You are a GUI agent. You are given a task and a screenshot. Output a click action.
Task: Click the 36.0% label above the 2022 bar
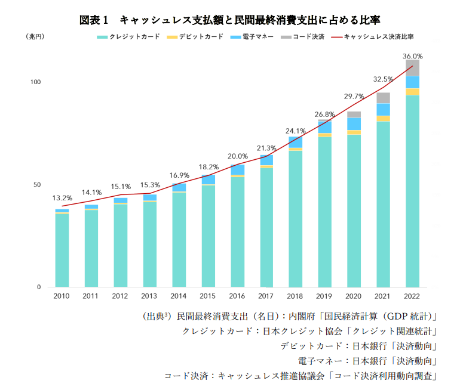(x=413, y=55)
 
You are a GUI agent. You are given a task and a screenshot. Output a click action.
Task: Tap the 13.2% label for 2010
(x=62, y=197)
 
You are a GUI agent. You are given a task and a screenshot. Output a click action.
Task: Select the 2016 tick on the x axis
(x=237, y=296)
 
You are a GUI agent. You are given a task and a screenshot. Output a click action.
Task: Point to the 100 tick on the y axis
(x=35, y=82)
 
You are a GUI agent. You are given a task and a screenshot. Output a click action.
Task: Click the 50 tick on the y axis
(x=37, y=185)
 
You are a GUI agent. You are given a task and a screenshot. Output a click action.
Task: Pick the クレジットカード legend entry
(x=128, y=36)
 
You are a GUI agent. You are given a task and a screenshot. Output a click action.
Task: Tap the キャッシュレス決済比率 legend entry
(x=373, y=36)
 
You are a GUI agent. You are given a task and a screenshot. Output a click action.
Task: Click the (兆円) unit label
(x=34, y=36)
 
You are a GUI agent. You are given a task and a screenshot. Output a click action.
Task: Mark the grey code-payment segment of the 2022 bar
(x=412, y=67)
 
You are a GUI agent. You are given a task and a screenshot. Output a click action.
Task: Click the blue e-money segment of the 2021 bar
(x=383, y=109)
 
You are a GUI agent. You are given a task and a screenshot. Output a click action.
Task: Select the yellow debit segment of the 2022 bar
(x=412, y=92)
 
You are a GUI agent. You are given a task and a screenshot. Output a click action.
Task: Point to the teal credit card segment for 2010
(x=62, y=250)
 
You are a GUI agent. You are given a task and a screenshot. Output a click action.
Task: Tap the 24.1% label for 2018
(x=295, y=131)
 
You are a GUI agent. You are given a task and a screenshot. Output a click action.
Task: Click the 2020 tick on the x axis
(x=354, y=296)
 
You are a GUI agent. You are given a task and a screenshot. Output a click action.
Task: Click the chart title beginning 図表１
(x=230, y=20)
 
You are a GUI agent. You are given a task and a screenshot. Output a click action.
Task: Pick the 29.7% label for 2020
(x=354, y=96)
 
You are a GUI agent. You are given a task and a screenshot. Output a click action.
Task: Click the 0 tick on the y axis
(x=39, y=287)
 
